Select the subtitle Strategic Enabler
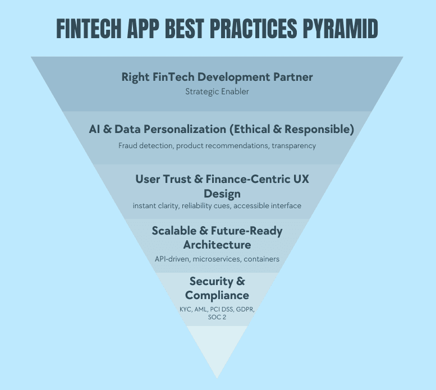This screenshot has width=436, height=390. tap(217, 91)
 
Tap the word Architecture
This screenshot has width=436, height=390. tap(217, 245)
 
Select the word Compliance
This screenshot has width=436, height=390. tap(217, 295)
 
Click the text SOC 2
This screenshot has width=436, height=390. tap(217, 317)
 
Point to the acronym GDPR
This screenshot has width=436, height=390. tap(250, 309)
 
